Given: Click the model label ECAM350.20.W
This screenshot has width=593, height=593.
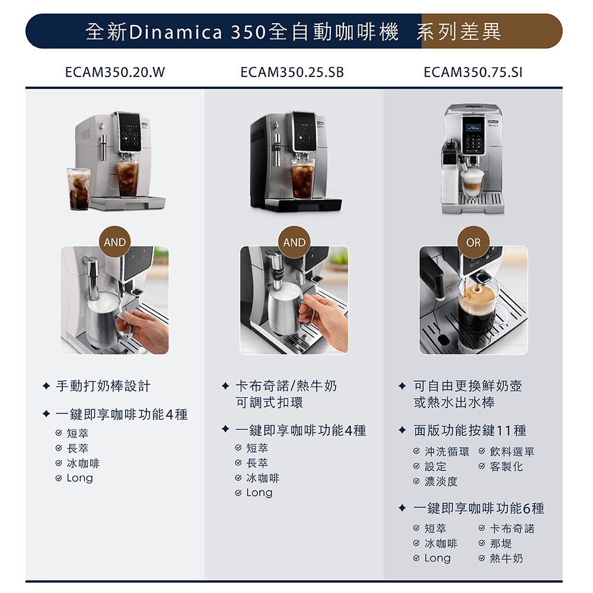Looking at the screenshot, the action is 115,72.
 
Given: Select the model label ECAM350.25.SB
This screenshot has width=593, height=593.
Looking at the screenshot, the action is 292,72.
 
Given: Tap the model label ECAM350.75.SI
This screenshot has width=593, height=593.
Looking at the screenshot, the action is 473,72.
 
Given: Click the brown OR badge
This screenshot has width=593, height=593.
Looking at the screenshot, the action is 473,242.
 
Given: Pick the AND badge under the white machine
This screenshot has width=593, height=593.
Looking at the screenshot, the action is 114,242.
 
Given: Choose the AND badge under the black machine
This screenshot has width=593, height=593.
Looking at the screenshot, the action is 294,242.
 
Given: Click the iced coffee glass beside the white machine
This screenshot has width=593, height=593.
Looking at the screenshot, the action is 79,189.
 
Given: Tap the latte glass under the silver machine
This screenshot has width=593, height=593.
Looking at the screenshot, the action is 472,182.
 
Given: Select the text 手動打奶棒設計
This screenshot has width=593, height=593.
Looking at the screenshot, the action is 103,386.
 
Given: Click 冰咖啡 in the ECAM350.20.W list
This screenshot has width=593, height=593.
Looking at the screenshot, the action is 83,463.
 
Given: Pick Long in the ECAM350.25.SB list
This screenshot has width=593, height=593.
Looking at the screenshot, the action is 259,492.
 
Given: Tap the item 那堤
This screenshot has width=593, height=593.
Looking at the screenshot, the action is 500,543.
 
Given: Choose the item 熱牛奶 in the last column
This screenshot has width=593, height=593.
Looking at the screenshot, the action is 506,558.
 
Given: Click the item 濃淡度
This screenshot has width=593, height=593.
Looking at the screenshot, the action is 441,482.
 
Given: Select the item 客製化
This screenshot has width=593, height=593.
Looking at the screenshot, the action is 506,467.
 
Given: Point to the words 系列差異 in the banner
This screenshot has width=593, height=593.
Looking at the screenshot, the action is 459,31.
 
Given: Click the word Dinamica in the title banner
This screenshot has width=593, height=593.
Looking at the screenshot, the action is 176,32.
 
